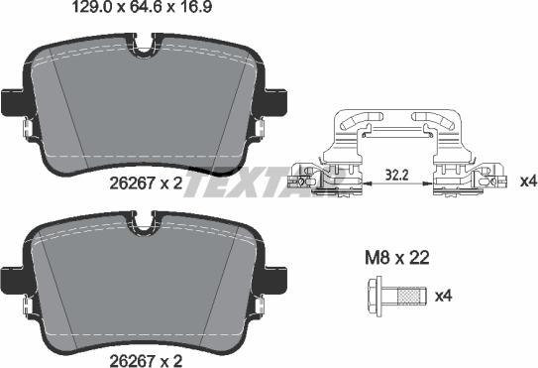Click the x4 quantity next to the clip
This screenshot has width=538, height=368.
point(527,181)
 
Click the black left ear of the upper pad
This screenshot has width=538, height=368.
point(9,101)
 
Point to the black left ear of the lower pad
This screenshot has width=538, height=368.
point(9,278)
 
